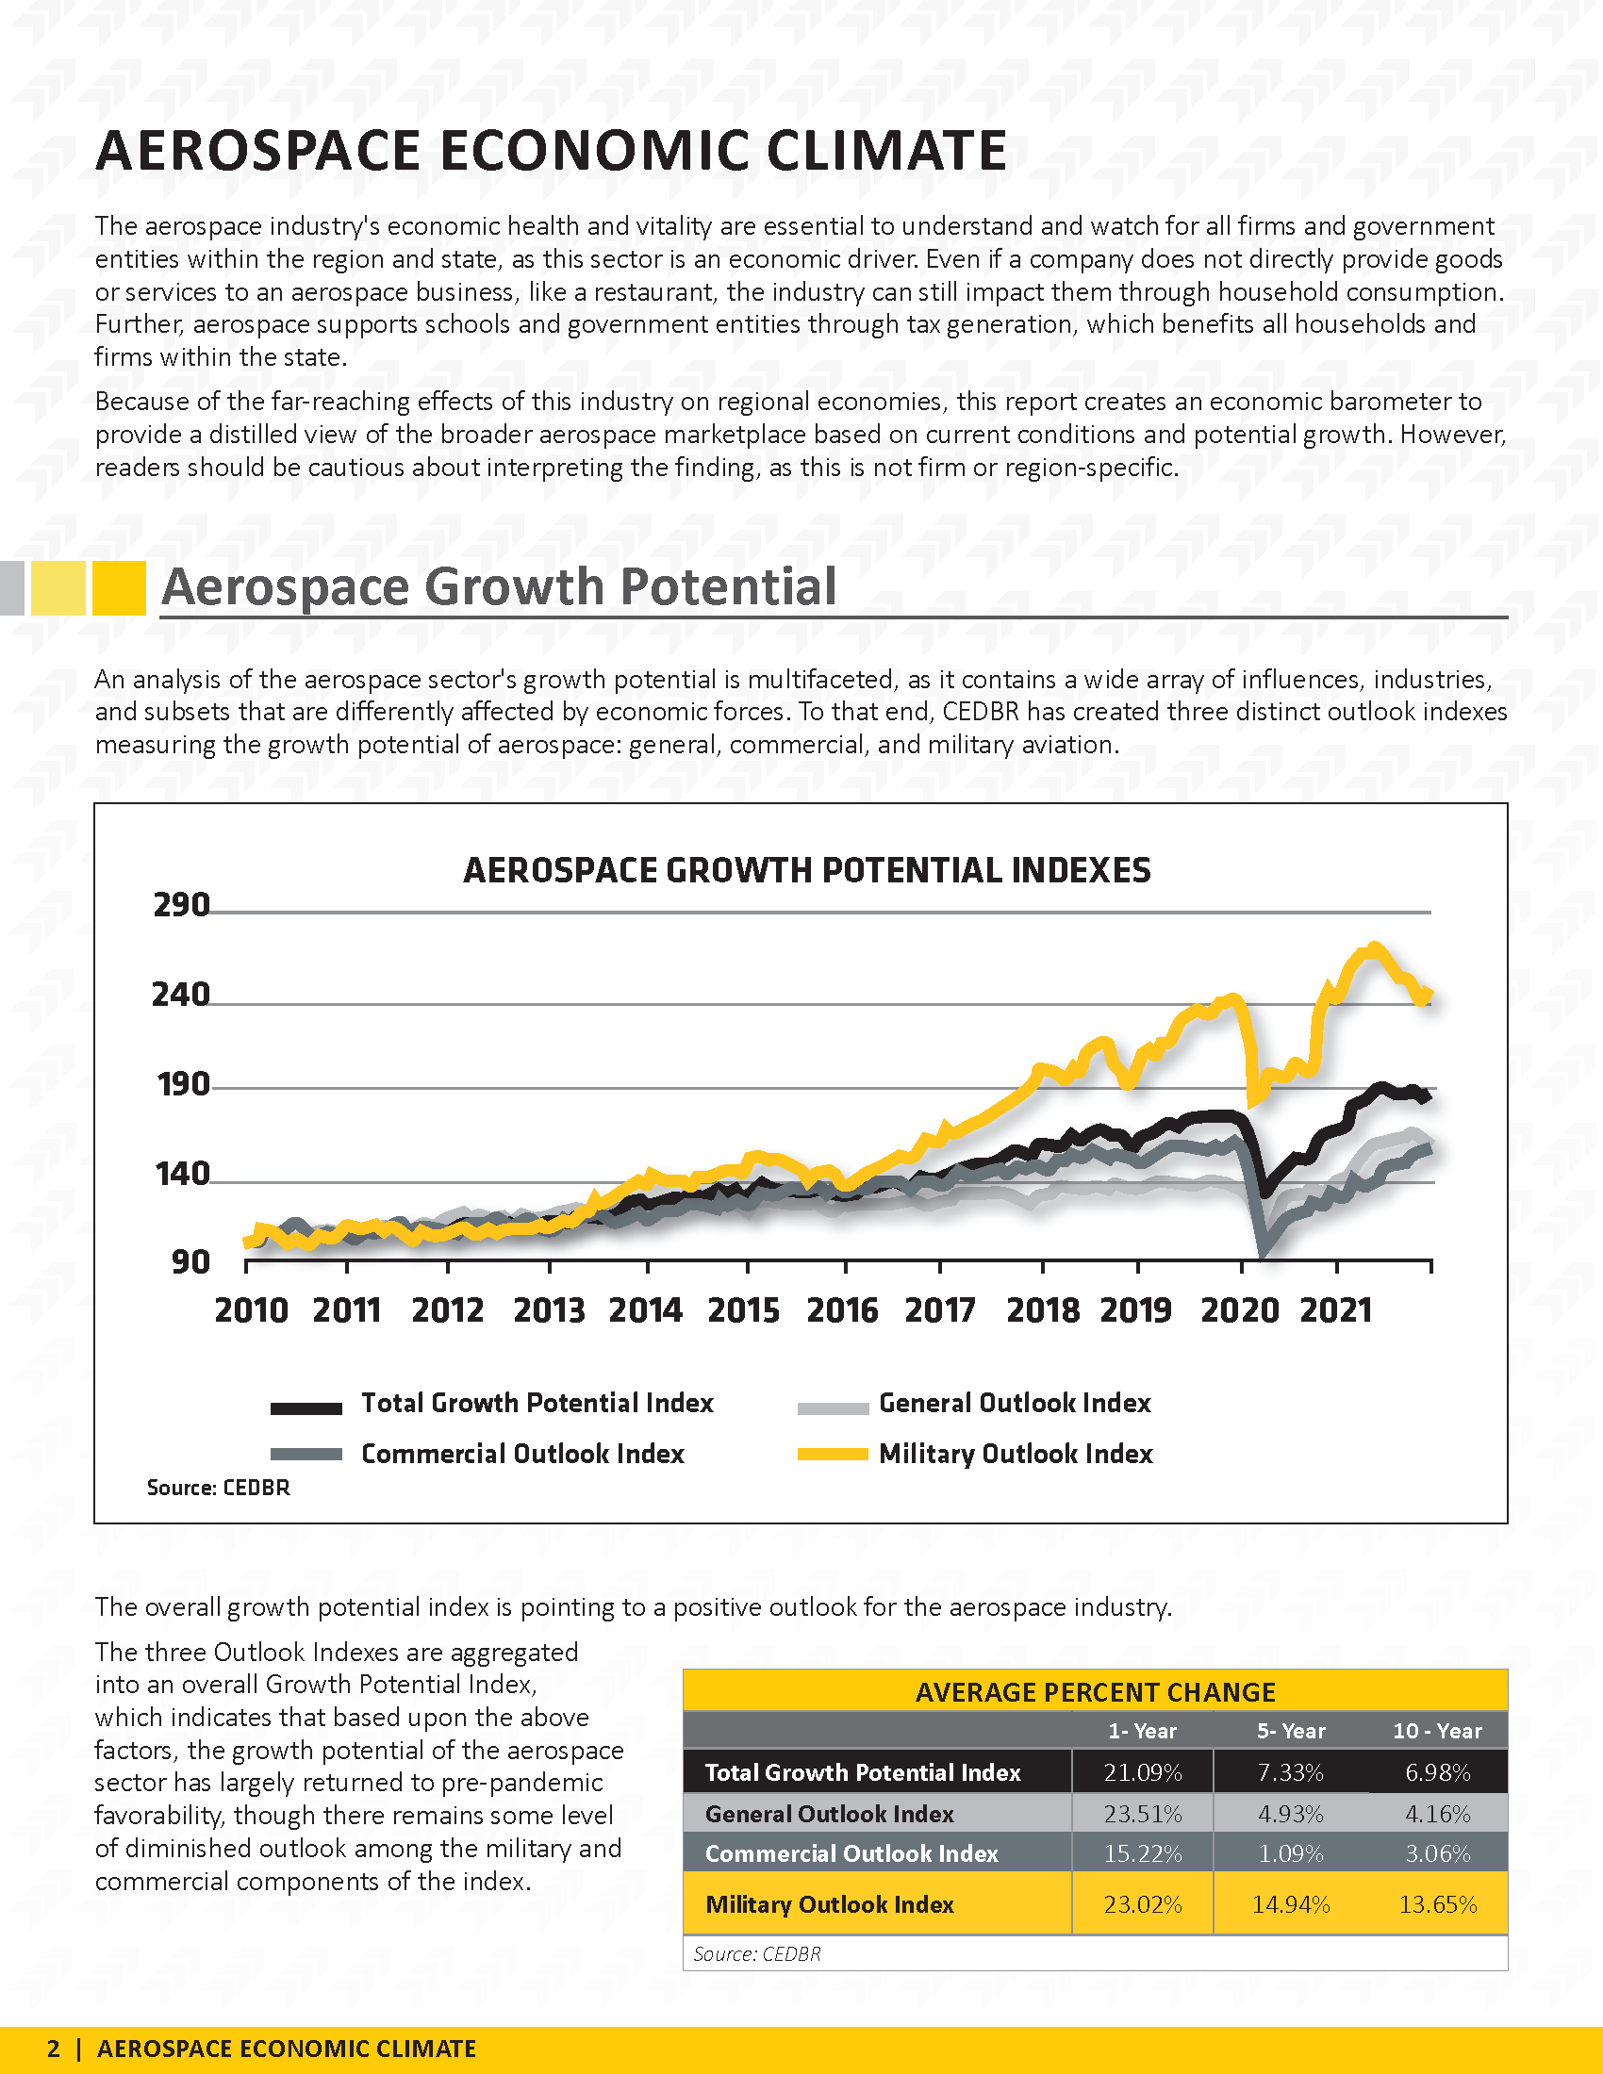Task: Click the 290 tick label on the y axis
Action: pyautogui.click(x=181, y=904)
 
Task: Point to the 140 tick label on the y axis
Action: pyautogui.click(x=181, y=1174)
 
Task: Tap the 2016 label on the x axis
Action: pyautogui.click(x=842, y=1310)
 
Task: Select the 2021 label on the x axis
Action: pyautogui.click(x=1336, y=1310)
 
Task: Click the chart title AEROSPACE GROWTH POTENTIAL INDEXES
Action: pyautogui.click(x=807, y=870)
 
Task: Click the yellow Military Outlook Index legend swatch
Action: pyautogui.click(x=833, y=1454)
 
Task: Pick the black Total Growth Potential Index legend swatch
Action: pyautogui.click(x=306, y=1408)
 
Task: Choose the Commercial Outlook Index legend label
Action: pyautogui.click(x=522, y=1454)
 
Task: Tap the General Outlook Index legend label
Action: pyautogui.click(x=1016, y=1403)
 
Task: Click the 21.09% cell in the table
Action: pyautogui.click(x=1143, y=1772)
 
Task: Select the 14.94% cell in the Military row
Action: pyautogui.click(x=1291, y=1904)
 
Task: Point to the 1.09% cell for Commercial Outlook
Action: pyautogui.click(x=1291, y=1852)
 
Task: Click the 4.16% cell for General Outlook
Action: pyautogui.click(x=1438, y=1814)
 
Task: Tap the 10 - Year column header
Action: pyautogui.click(x=1437, y=1731)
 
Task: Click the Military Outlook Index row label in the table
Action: pyautogui.click(x=829, y=1904)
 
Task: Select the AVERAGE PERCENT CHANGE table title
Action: pyautogui.click(x=1095, y=1692)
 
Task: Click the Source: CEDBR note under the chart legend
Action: pyautogui.click(x=219, y=1487)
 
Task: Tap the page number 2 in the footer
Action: pyautogui.click(x=53, y=2049)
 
